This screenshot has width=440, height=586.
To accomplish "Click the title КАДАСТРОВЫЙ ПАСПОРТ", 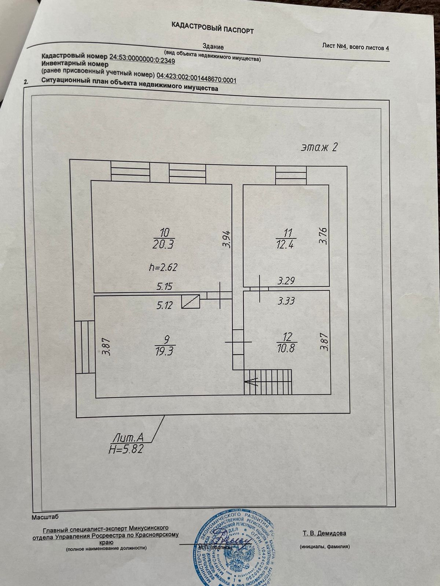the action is [x=212, y=27].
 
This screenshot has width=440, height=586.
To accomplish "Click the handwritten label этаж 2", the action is [x=319, y=147].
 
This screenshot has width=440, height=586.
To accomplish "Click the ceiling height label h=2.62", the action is [x=163, y=267].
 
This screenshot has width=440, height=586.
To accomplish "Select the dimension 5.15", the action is [x=164, y=286].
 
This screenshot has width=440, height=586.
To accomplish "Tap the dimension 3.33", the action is [x=287, y=301].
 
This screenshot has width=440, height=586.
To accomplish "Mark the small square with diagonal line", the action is [x=190, y=301].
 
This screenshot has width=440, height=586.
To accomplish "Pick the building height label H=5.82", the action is [x=126, y=449].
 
